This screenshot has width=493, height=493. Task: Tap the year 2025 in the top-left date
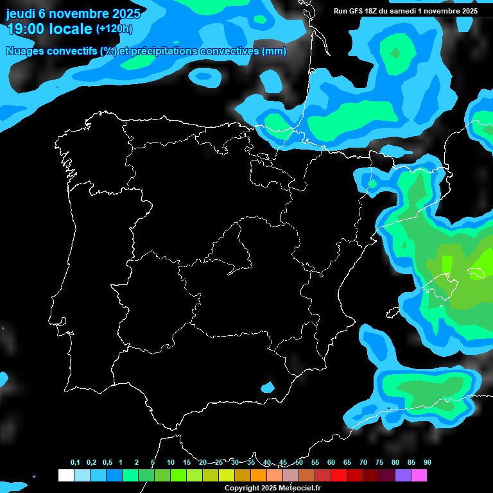coord(125,13)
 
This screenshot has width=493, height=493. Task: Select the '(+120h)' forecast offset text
coord(114,28)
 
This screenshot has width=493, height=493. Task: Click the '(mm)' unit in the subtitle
coord(274,51)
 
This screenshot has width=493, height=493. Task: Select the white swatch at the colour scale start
coord(66,476)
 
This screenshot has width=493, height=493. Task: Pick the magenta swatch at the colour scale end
coord(419,476)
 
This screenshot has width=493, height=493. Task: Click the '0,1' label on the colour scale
coord(75,463)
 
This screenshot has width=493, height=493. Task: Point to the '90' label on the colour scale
coord(427,463)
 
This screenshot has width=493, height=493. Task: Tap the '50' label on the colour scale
coord(299,463)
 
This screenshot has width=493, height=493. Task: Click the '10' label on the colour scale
coord(170,463)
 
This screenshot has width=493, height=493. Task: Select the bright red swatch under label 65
coord(338,476)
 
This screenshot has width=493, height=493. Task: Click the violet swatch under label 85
coord(402,476)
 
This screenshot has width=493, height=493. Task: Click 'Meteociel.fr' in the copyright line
coord(300,489)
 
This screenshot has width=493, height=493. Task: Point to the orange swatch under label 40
coord(258,476)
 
